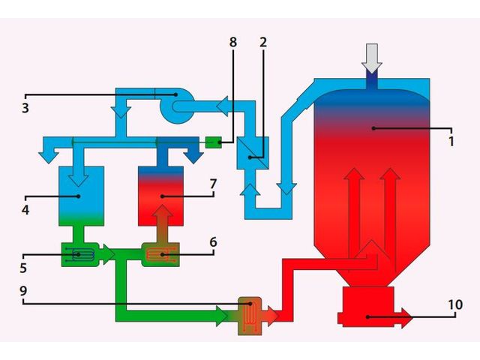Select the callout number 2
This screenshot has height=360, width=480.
[x=263, y=42]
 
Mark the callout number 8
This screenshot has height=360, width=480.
[x=233, y=42]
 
